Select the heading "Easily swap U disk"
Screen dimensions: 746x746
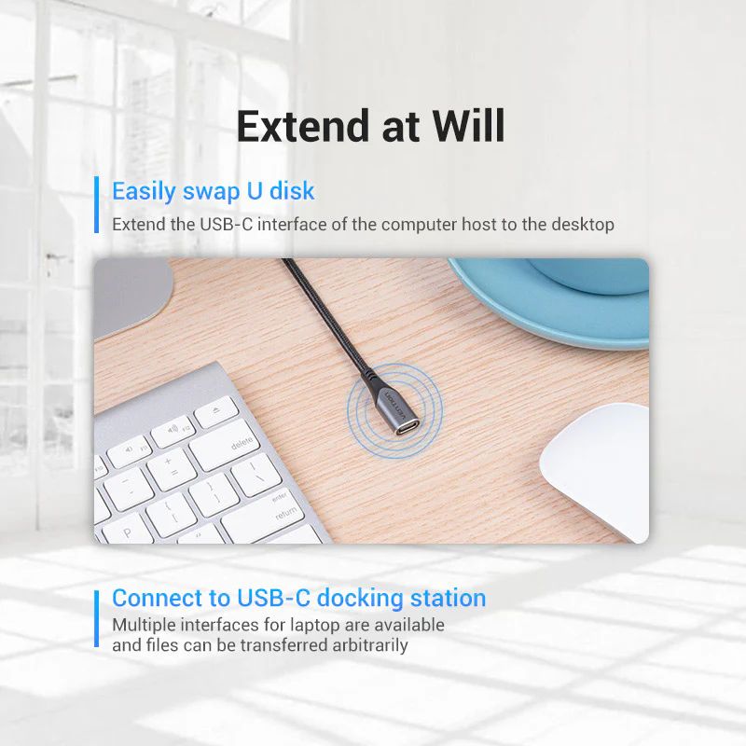pyautogui.click(x=214, y=192)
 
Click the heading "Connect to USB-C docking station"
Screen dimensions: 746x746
pyautogui.click(x=298, y=598)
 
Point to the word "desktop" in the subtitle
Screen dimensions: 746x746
pyautogui.click(x=581, y=225)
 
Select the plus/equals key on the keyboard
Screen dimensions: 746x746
pyautogui.click(x=171, y=463)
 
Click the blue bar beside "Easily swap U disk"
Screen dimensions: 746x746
pyautogui.click(x=96, y=203)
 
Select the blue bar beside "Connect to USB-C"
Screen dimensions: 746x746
pyautogui.click(x=96, y=617)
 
